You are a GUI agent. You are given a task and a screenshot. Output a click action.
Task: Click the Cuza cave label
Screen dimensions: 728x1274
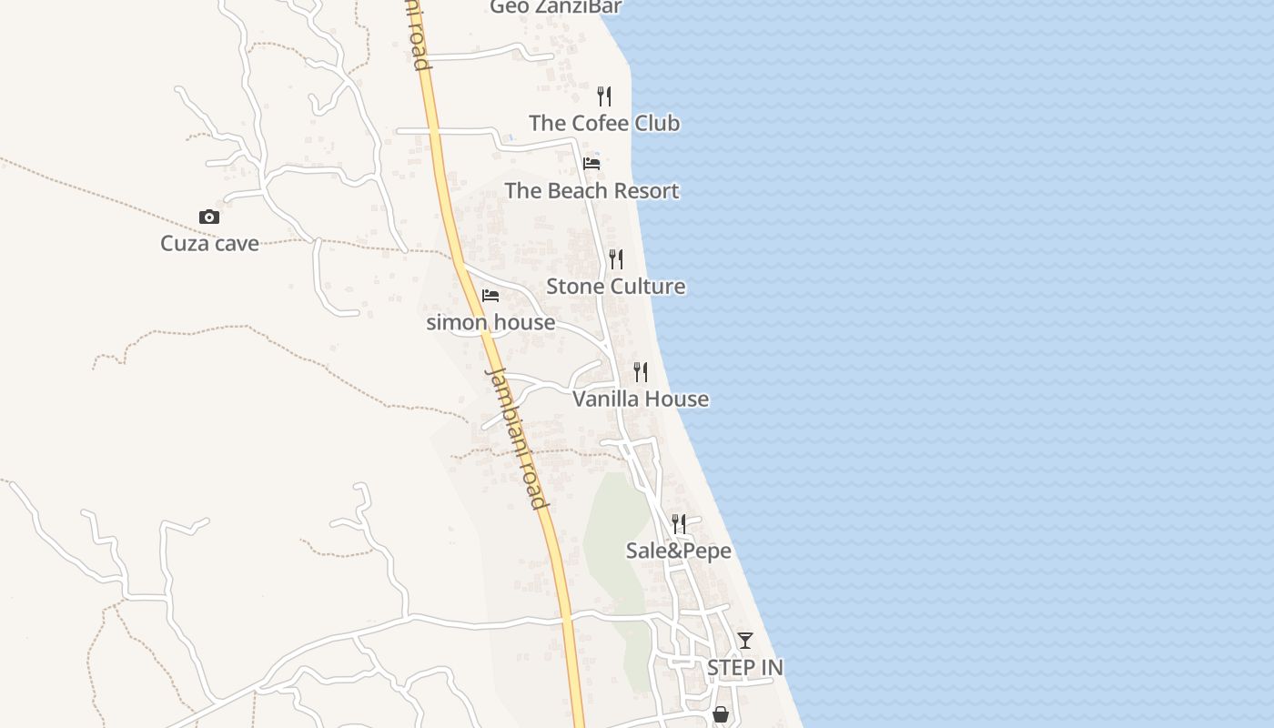(x=209, y=243)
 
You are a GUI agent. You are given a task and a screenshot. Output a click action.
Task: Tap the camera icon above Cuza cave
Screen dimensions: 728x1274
(x=209, y=217)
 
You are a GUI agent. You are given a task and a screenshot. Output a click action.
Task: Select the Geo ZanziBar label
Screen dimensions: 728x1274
(x=555, y=7)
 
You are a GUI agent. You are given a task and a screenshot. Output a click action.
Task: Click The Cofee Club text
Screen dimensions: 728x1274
(x=604, y=123)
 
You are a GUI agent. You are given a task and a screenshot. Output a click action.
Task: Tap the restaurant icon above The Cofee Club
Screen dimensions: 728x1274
(x=604, y=96)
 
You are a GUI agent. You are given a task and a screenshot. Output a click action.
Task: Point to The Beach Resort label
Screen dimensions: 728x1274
(x=591, y=190)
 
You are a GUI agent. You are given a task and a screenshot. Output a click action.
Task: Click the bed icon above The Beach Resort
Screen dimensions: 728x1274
(x=591, y=164)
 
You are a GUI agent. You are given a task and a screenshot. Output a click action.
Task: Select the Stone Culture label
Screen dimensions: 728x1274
(x=615, y=286)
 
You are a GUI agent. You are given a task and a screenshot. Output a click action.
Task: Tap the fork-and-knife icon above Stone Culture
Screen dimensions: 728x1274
(x=616, y=259)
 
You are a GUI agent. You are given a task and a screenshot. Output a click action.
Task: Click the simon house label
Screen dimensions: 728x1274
(x=490, y=322)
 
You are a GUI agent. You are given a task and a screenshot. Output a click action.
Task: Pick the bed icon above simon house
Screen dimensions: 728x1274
(x=490, y=296)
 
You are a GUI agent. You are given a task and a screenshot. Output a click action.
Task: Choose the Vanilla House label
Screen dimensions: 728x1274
(x=641, y=399)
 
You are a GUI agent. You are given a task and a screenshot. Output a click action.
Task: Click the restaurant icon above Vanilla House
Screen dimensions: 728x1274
(x=641, y=371)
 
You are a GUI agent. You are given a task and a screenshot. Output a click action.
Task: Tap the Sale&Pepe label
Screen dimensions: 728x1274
(x=678, y=551)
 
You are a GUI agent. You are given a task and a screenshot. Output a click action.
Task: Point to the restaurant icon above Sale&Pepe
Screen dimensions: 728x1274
(x=679, y=523)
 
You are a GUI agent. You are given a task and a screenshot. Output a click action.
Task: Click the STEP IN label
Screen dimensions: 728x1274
(x=745, y=667)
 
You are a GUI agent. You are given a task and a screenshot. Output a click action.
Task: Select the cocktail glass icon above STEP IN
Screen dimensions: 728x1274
(x=745, y=641)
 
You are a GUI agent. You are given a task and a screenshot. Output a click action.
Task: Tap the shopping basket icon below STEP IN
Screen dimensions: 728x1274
(x=721, y=714)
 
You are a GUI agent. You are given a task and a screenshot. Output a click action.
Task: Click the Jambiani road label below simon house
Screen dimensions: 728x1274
(x=517, y=437)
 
